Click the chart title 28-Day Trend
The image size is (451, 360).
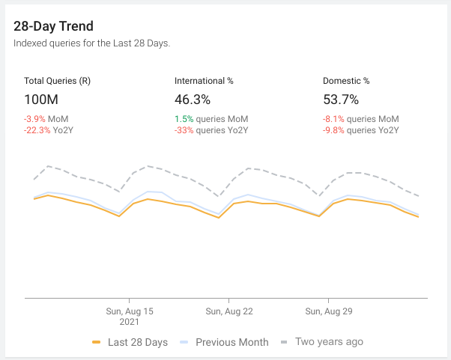coord(53,26)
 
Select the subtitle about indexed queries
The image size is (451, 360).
coord(91,43)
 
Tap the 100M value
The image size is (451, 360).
coord(42,100)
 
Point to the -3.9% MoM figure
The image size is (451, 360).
coord(46,119)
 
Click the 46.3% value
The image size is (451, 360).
coord(193,100)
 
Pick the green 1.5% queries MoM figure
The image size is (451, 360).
coord(211,119)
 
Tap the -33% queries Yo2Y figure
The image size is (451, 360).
coord(211,129)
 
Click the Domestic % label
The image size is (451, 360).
coord(346,81)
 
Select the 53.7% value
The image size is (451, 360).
coord(341,100)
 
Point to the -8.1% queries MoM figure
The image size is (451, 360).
coord(361,119)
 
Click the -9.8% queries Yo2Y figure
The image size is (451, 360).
coord(361,129)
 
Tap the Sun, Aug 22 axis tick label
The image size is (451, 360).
coord(228,311)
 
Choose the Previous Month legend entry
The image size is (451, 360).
coord(224,342)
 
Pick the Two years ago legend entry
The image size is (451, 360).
coord(321,341)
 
